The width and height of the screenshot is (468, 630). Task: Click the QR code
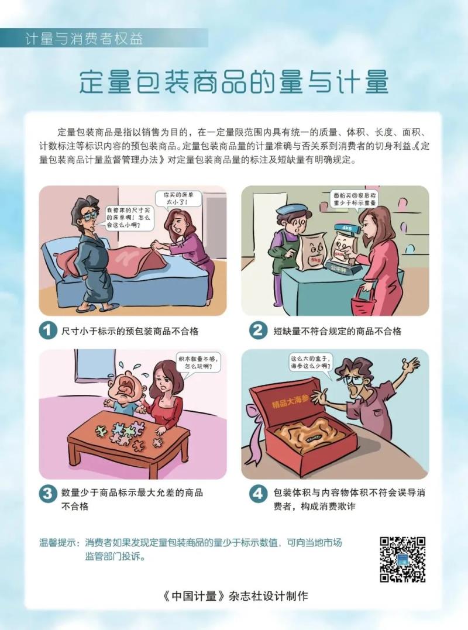click(x=402, y=559)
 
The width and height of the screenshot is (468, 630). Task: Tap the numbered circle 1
click(x=48, y=331)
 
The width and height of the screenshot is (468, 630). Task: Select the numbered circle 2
click(x=258, y=331)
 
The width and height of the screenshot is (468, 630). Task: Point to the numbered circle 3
click(x=48, y=493)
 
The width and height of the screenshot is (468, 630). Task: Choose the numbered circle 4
click(x=258, y=493)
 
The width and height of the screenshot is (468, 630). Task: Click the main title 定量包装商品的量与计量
click(x=233, y=82)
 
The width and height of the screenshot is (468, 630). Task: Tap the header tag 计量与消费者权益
click(x=84, y=39)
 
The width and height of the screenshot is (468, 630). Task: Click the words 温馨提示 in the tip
click(x=57, y=543)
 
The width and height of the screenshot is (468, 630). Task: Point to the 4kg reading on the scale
click(x=346, y=228)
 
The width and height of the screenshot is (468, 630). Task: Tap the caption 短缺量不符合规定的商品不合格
click(x=338, y=331)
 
